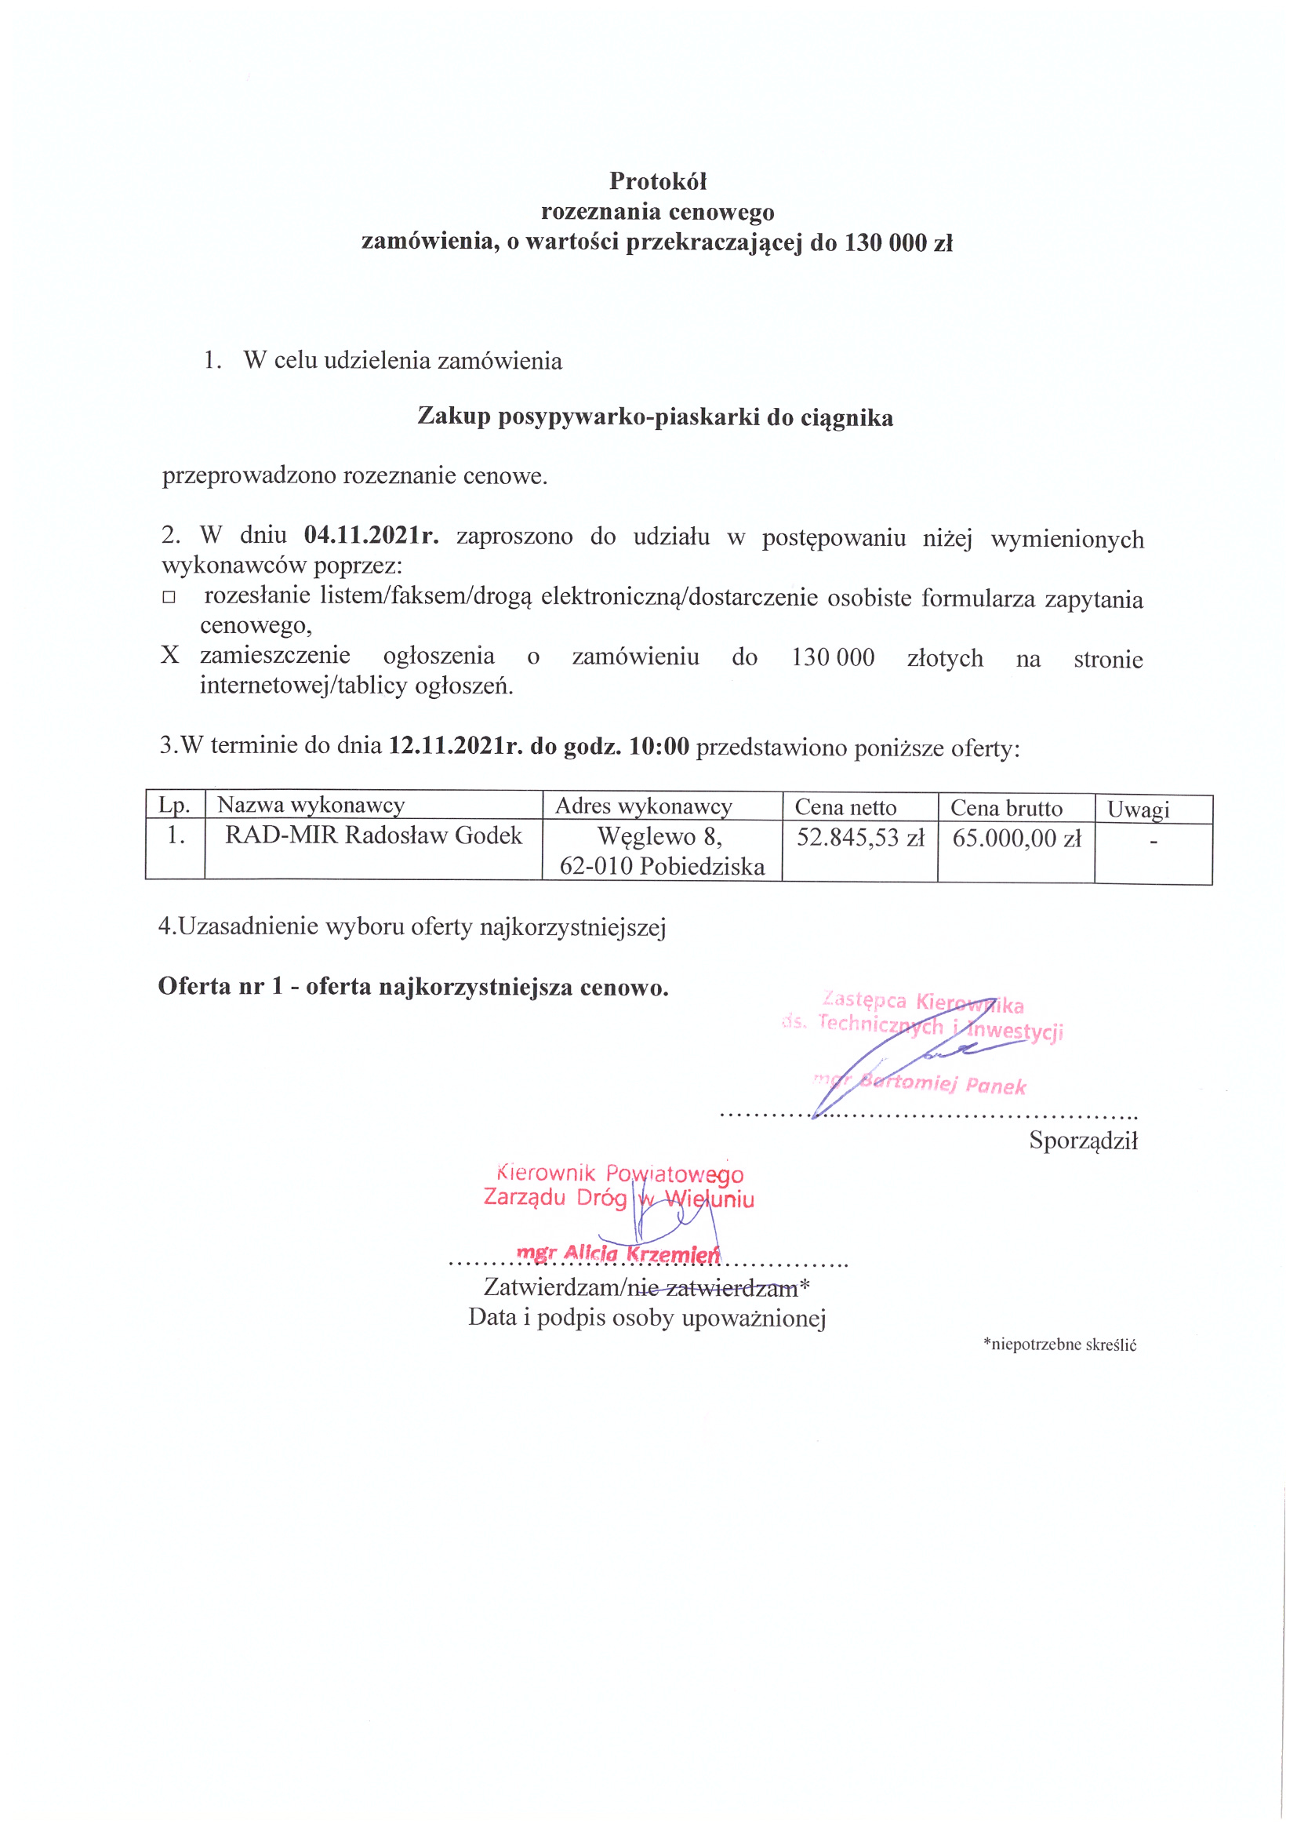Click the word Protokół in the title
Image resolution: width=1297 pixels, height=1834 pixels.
coord(657,182)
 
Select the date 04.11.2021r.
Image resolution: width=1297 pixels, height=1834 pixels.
coord(372,534)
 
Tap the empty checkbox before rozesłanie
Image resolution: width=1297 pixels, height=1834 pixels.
coord(169,598)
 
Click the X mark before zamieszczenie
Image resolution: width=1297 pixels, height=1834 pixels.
coord(169,656)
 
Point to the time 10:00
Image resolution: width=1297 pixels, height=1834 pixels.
coord(659,747)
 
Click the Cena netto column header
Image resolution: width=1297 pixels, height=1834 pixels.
coord(845,807)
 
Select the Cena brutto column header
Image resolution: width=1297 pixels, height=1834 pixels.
coord(1005,809)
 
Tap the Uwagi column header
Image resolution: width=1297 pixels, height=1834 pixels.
coord(1137,810)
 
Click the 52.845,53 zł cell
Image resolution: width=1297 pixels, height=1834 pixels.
coord(860,838)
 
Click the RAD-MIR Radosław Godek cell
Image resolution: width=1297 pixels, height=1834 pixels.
coord(373,835)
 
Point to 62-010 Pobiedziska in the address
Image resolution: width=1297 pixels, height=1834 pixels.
coord(661,867)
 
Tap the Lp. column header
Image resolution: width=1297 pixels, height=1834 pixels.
coord(174,804)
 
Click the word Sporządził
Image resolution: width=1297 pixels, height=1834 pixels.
coord(1083,1141)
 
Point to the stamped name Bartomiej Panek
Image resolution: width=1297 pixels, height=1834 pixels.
coord(943,1084)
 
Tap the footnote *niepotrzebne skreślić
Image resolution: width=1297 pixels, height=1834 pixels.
coord(1059,1345)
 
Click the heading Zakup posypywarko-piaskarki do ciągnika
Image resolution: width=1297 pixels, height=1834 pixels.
coord(655,418)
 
